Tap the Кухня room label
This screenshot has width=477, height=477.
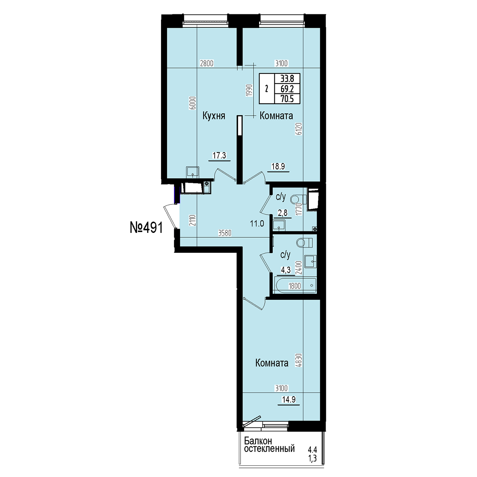click(x=214, y=116)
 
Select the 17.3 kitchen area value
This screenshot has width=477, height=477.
click(x=219, y=155)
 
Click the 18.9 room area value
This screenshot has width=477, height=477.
click(x=278, y=166)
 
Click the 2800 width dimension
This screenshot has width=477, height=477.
click(x=207, y=64)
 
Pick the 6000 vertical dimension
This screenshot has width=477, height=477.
click(x=194, y=103)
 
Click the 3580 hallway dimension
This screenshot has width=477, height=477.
click(x=225, y=233)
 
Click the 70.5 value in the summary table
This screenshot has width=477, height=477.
click(x=287, y=99)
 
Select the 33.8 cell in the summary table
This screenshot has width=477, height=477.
click(x=287, y=79)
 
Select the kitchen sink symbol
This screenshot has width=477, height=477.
click(x=192, y=172)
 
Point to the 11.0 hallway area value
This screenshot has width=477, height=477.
click(x=257, y=224)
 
